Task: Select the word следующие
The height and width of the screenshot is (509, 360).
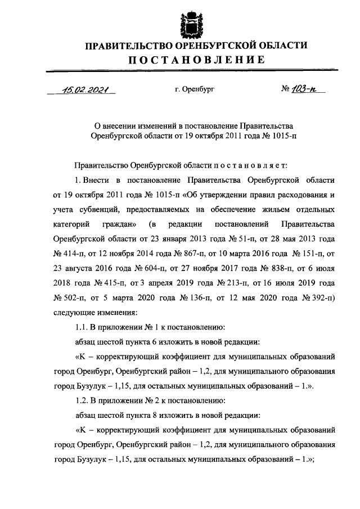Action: [71, 312]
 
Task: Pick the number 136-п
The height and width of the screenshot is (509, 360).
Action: [176, 298]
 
